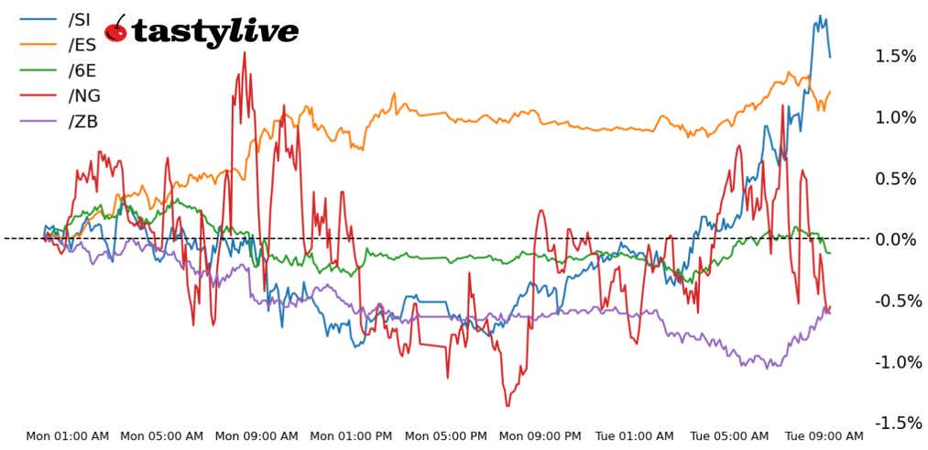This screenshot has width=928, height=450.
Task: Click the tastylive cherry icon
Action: pos(116,30)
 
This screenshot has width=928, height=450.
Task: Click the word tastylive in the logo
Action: pos(214,32)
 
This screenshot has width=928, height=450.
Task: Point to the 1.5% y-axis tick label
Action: pos(895,57)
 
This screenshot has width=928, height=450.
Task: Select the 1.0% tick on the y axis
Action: pos(895,117)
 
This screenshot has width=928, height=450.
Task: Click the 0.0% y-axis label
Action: pos(895,239)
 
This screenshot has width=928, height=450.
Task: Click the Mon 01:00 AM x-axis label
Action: pos(68,436)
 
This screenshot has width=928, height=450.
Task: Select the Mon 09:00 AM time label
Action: pos(257,436)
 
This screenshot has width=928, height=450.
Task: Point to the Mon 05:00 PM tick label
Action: pos(446,436)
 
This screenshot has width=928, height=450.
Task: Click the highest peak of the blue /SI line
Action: pos(819,16)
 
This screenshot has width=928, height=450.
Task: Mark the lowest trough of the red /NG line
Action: pos(508,405)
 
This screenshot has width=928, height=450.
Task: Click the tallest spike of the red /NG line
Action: pos(244,52)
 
